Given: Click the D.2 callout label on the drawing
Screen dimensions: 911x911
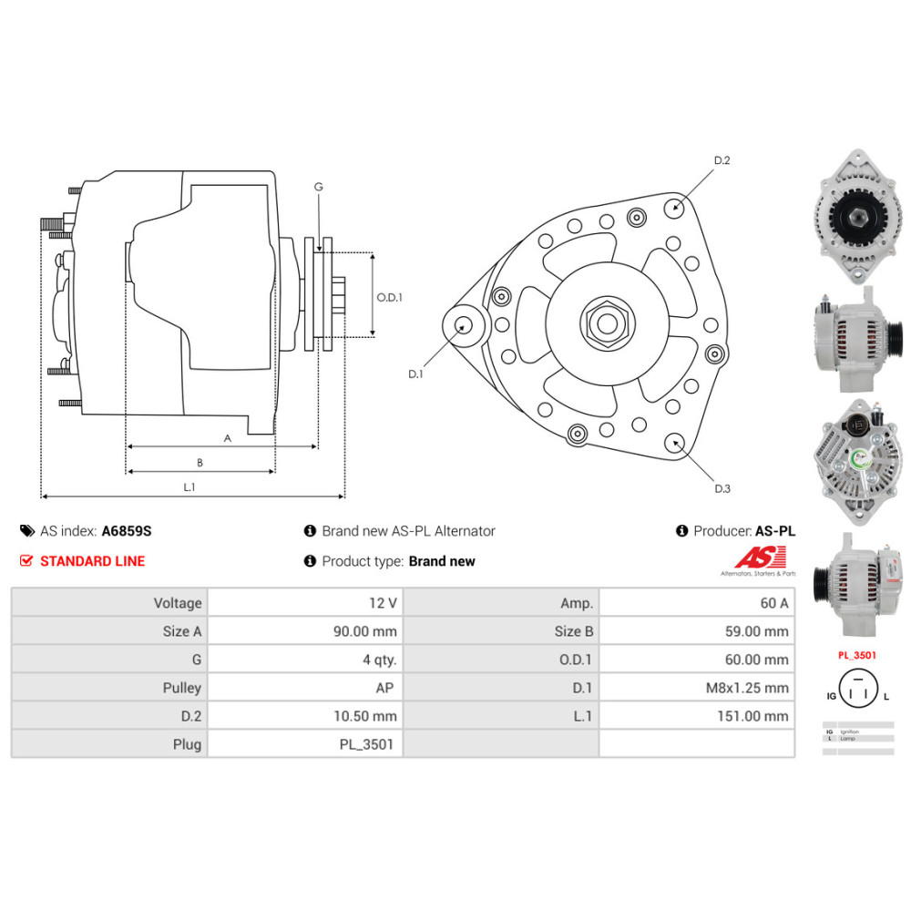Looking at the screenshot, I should pyautogui.click(x=722, y=160).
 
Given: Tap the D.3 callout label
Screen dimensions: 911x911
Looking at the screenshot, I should pyautogui.click(x=722, y=488).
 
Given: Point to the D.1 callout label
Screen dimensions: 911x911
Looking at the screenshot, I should pyautogui.click(x=415, y=374).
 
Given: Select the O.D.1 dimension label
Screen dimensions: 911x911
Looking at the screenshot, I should pyautogui.click(x=389, y=297).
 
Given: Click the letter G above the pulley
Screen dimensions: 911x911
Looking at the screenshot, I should pyautogui.click(x=318, y=187).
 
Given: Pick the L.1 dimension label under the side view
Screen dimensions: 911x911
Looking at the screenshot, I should pyautogui.click(x=189, y=487).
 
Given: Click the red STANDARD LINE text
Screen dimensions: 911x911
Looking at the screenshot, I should pyautogui.click(x=92, y=561).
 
